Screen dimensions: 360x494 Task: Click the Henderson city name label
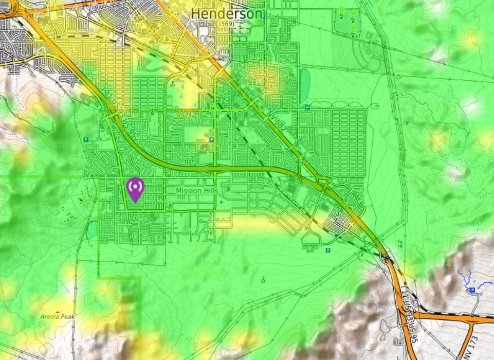[x=226, y=14]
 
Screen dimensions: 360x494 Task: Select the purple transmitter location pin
[x=135, y=189]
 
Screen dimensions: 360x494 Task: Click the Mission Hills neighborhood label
[x=197, y=191]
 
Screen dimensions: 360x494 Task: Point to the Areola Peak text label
[x=57, y=317]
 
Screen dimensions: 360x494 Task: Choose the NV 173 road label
[x=467, y=348]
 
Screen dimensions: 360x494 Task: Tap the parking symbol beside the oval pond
[x=307, y=107]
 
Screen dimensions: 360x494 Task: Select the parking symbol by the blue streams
[x=472, y=291]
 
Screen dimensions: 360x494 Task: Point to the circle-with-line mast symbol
[x=263, y=280]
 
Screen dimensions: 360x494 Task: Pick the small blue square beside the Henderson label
[x=264, y=17]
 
